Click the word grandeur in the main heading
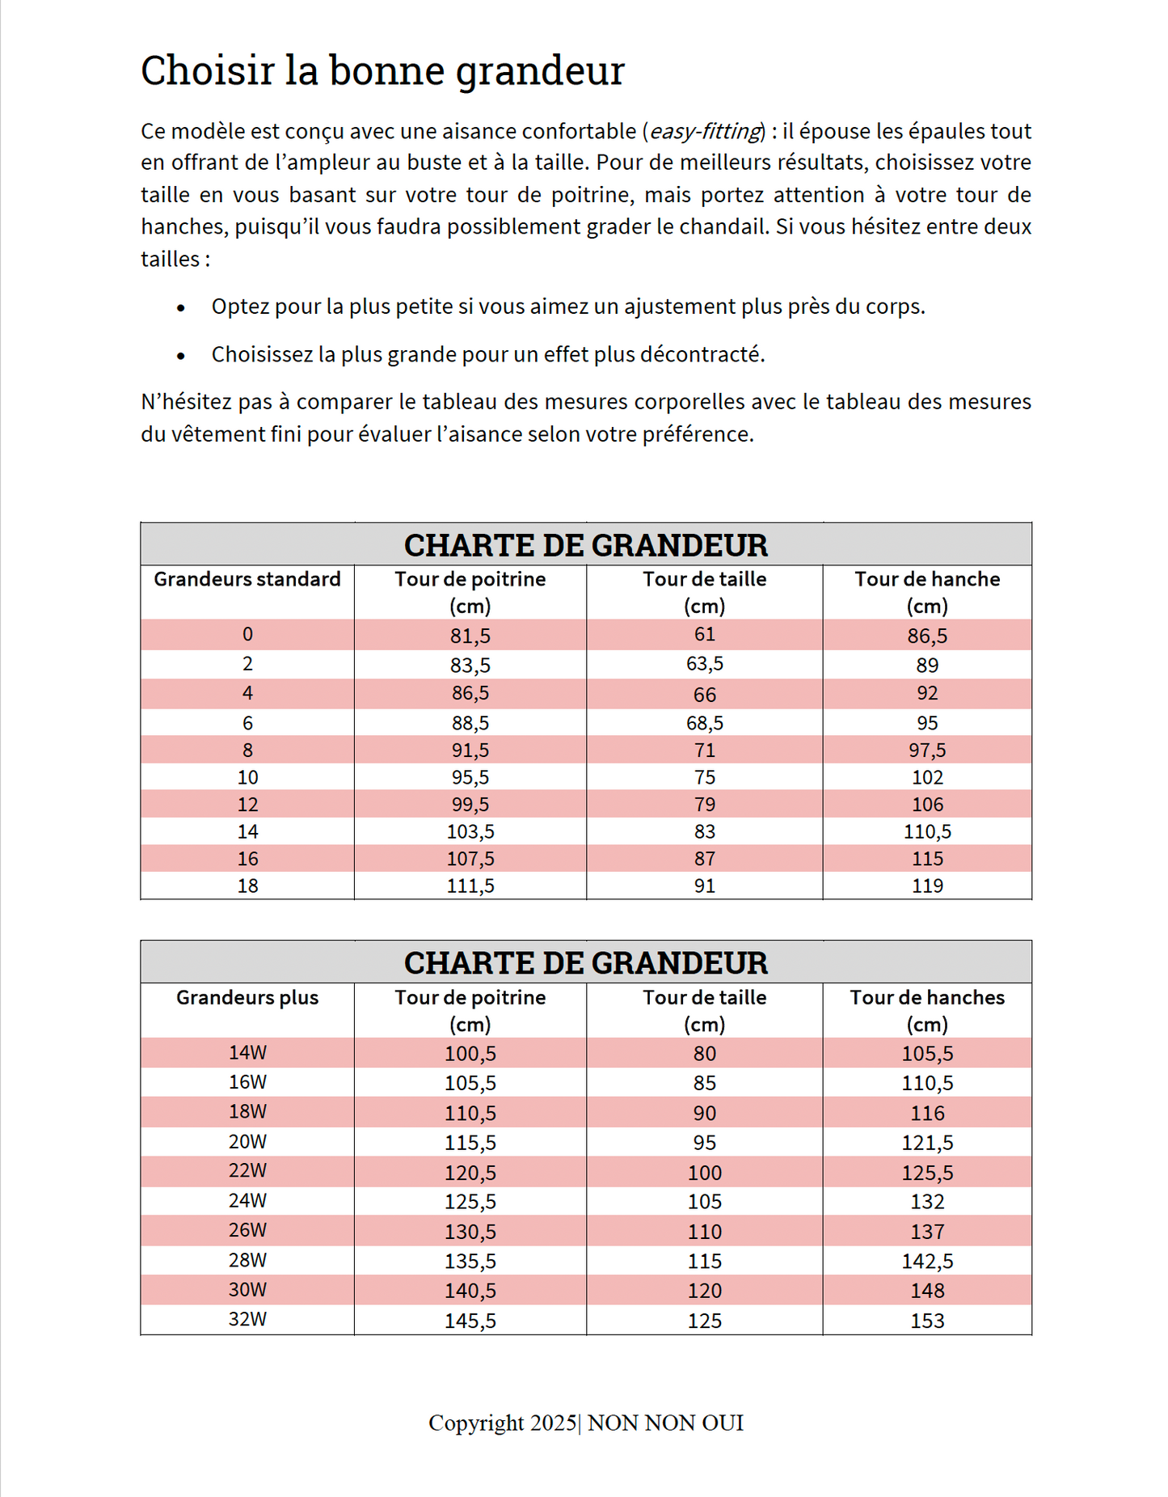(x=540, y=71)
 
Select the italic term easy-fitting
(x=706, y=131)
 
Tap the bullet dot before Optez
(x=181, y=308)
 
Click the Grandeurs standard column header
(x=247, y=580)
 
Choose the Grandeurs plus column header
(x=247, y=998)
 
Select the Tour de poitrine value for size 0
(x=470, y=636)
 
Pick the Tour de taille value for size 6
(x=705, y=723)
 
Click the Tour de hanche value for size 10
(x=927, y=777)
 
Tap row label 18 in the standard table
(x=247, y=886)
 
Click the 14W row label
(x=247, y=1053)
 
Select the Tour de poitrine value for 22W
(x=470, y=1173)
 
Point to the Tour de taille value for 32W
(x=705, y=1321)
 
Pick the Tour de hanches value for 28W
(x=927, y=1262)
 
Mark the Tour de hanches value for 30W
(x=927, y=1291)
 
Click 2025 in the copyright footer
(x=553, y=1423)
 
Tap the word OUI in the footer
(x=723, y=1423)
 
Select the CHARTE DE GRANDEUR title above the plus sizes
(x=586, y=962)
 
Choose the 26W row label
(x=247, y=1231)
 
